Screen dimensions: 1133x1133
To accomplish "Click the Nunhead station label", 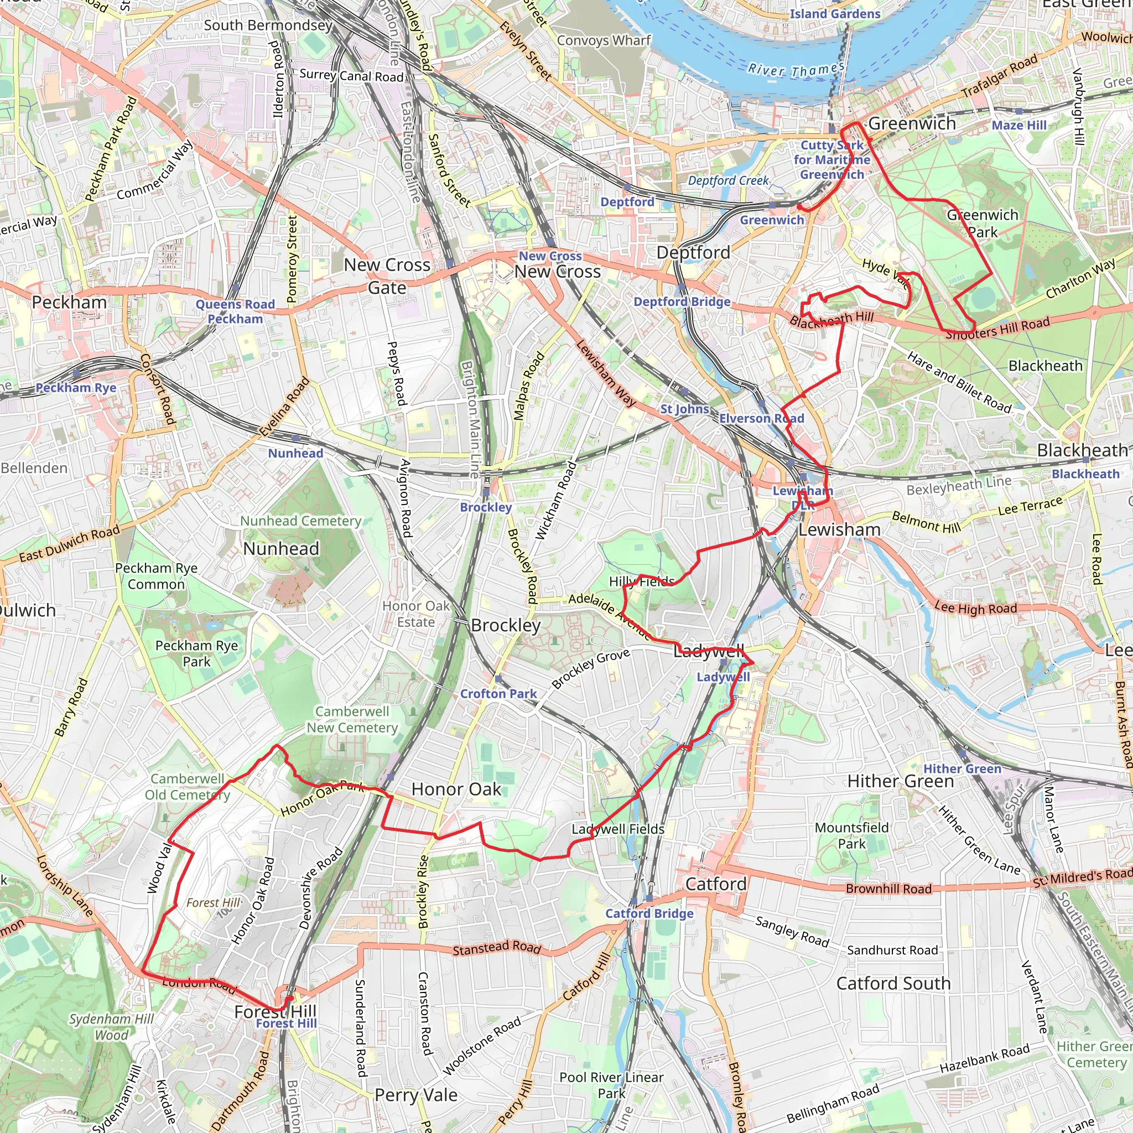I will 295,453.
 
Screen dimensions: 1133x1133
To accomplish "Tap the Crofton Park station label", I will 498,694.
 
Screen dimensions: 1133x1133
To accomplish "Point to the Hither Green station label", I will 963,769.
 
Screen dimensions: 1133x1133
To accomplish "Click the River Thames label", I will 796,70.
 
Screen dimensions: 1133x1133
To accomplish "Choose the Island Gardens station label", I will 835,14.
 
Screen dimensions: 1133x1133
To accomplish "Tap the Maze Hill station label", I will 1019,125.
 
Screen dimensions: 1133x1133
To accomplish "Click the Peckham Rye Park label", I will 196,653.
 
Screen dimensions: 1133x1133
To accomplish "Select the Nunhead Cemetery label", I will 301,521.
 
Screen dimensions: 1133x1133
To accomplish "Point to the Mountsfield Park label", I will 851,836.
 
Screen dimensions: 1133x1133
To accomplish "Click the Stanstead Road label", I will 497,947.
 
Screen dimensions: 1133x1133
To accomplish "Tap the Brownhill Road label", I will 888,888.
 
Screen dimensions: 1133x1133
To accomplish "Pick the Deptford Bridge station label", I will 682,302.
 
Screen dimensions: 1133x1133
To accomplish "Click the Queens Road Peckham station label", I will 235,311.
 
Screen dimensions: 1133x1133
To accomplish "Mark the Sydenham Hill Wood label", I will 111,1027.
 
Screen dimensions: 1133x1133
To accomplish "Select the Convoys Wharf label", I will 604,40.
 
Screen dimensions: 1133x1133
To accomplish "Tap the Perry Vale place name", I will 416,1095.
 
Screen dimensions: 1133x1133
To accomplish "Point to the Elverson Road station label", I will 761,418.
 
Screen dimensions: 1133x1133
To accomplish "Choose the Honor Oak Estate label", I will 416,614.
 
